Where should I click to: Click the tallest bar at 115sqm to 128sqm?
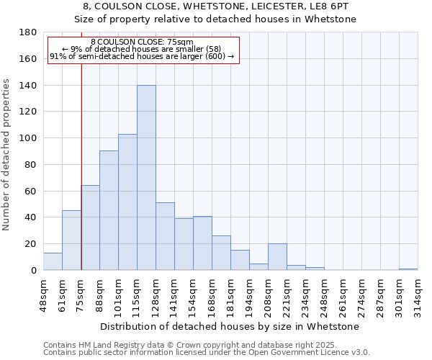click(146, 178)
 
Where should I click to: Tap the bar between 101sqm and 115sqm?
click(127, 202)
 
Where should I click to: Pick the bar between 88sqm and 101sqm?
click(109, 210)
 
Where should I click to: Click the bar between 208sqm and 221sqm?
click(277, 257)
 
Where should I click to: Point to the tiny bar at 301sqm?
click(408, 269)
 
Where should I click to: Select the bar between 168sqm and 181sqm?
click(221, 253)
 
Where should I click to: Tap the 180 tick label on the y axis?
click(28, 32)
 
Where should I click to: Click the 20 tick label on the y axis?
click(31, 244)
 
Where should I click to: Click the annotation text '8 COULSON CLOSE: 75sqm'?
click(143, 42)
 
